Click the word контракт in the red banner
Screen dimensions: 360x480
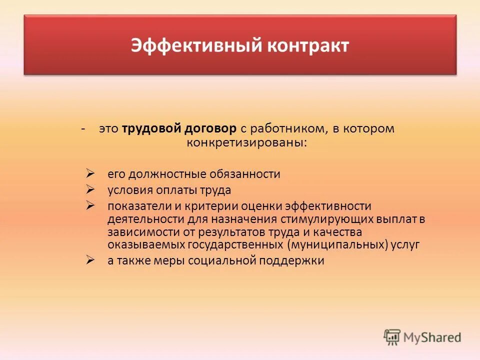click(308, 45)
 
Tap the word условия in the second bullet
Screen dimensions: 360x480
click(128, 190)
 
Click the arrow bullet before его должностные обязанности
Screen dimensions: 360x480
click(90, 173)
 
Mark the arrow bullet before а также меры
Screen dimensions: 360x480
click(90, 260)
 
